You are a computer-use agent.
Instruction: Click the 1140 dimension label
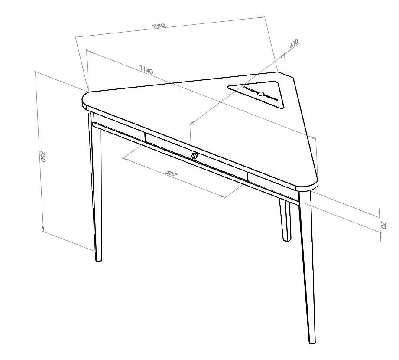(x=146, y=69)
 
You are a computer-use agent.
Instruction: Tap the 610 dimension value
(x=294, y=43)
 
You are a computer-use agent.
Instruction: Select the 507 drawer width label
(x=171, y=173)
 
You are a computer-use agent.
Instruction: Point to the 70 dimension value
(x=383, y=225)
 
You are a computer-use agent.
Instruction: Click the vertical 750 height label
(x=43, y=157)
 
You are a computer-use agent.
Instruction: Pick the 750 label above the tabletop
(x=159, y=26)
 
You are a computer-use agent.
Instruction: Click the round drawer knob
(x=194, y=155)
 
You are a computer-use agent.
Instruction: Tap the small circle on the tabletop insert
(x=260, y=93)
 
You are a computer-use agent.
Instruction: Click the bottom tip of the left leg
(x=98, y=260)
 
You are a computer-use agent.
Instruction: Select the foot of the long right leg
(x=312, y=342)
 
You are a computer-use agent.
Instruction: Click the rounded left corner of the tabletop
(x=84, y=100)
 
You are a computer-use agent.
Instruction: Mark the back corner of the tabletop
(x=279, y=72)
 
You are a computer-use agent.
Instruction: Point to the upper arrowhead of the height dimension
(x=36, y=74)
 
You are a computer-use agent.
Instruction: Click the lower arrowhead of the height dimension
(x=43, y=229)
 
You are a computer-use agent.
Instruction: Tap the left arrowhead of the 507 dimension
(x=125, y=160)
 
